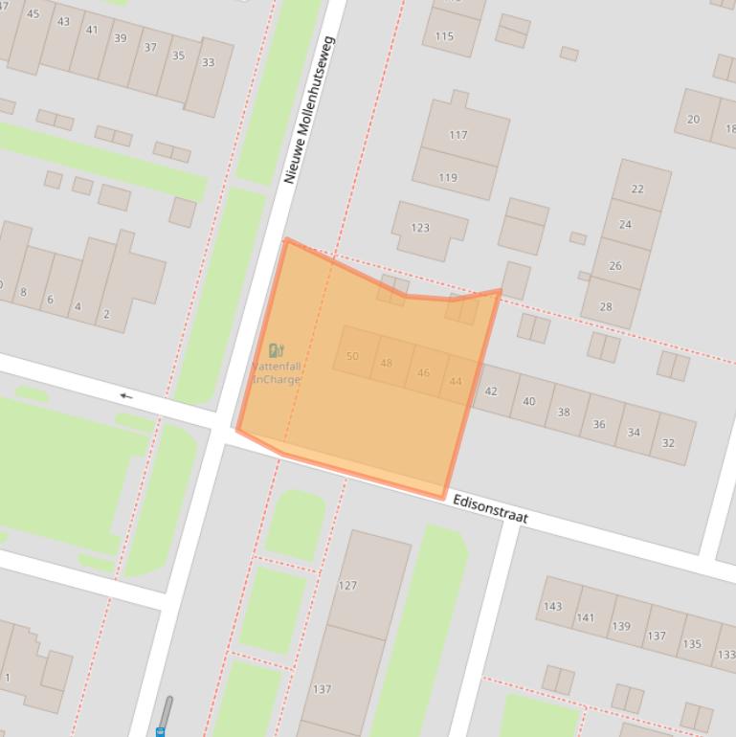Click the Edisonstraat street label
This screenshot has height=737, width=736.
(x=489, y=509)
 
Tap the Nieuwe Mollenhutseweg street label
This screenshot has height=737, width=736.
(x=309, y=110)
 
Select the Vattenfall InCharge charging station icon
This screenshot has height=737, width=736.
(x=277, y=351)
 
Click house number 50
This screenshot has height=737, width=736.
(x=352, y=356)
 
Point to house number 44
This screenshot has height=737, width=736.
(x=456, y=381)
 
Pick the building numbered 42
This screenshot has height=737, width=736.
(x=491, y=391)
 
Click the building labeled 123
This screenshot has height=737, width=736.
(x=420, y=228)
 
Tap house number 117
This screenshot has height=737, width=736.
(x=458, y=135)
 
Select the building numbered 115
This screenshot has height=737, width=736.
(x=444, y=36)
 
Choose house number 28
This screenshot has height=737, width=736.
(x=606, y=306)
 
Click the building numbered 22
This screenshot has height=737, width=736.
(x=637, y=190)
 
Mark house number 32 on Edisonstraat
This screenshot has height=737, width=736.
(x=668, y=442)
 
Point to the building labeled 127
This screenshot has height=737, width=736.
(x=347, y=585)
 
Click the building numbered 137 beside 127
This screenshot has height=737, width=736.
(x=322, y=689)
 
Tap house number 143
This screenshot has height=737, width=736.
(x=552, y=606)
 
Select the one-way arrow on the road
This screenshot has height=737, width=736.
(x=126, y=395)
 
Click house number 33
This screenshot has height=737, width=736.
(x=208, y=63)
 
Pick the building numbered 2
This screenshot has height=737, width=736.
(x=105, y=314)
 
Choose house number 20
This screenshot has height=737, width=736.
(x=693, y=120)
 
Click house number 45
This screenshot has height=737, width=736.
(x=33, y=13)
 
